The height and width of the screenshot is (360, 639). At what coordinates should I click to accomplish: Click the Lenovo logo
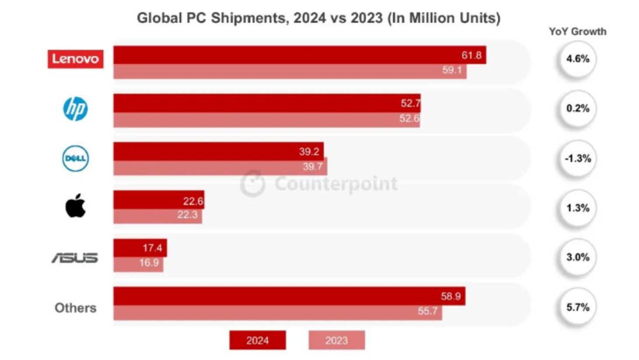click(x=75, y=59)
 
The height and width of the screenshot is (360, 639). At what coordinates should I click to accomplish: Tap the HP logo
click(x=75, y=109)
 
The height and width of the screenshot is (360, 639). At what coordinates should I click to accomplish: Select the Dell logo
click(x=75, y=158)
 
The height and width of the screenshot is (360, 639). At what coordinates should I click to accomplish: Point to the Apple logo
click(x=75, y=206)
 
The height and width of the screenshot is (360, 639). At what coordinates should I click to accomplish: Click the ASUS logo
click(x=75, y=258)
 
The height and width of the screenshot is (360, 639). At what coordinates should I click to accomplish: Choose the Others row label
click(x=75, y=308)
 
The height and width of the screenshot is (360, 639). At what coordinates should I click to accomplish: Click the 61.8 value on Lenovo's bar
click(x=471, y=55)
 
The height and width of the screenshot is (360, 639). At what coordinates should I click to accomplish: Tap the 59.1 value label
click(x=452, y=70)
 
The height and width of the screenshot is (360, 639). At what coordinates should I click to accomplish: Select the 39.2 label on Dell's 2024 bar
click(x=309, y=152)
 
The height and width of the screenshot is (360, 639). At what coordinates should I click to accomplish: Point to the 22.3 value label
click(x=187, y=215)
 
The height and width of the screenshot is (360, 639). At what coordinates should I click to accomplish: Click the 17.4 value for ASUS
click(x=152, y=248)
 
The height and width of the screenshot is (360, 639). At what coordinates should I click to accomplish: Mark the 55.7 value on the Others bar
click(x=428, y=311)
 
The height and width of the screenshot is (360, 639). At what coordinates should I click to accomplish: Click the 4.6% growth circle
click(x=578, y=59)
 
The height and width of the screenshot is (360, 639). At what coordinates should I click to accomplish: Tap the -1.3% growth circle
click(x=578, y=158)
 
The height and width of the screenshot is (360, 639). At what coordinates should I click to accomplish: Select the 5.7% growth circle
click(x=578, y=307)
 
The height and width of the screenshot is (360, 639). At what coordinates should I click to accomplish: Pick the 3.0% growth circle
click(x=578, y=257)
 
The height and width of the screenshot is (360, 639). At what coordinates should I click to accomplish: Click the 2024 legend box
click(x=257, y=340)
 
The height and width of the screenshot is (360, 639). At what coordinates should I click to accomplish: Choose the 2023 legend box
click(x=336, y=340)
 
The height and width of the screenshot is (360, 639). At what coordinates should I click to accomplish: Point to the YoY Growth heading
click(x=578, y=32)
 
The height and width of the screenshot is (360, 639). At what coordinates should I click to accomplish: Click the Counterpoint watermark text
click(x=336, y=184)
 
